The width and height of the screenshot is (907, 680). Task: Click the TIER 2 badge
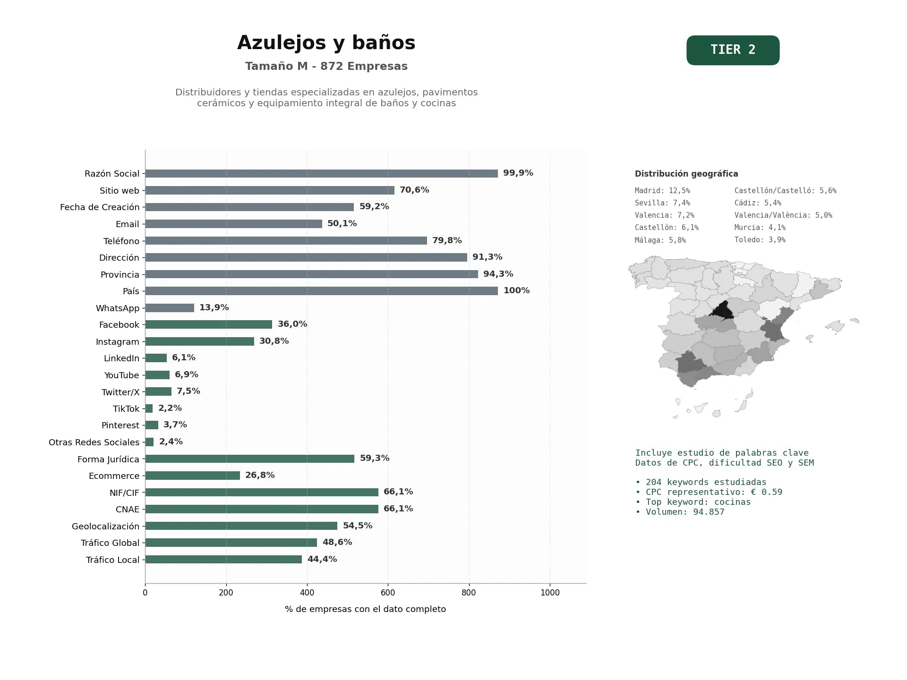(733, 50)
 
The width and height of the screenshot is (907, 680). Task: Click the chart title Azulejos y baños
(326, 42)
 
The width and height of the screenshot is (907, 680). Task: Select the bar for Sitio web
(270, 190)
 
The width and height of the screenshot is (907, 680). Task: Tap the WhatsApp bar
(170, 308)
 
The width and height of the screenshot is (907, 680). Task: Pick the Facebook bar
(208, 324)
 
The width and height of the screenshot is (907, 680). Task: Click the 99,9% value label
(518, 173)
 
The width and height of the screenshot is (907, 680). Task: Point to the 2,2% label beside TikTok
(170, 408)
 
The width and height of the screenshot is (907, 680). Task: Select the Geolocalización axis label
(106, 526)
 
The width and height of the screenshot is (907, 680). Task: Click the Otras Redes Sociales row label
(94, 442)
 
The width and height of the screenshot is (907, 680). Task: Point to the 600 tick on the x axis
(388, 593)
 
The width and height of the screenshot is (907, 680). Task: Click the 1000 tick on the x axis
(550, 593)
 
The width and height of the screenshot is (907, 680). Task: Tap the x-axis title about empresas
(365, 609)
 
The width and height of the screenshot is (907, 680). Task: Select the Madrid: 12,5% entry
(662, 191)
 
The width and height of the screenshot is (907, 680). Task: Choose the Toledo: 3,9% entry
(760, 240)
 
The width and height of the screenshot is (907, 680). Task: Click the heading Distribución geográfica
(686, 174)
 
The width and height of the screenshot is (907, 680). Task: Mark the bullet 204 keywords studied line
(701, 482)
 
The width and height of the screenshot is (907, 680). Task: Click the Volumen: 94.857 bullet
(680, 512)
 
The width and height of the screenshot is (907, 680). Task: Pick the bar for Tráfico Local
(223, 560)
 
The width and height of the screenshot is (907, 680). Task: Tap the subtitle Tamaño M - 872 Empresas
(326, 66)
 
